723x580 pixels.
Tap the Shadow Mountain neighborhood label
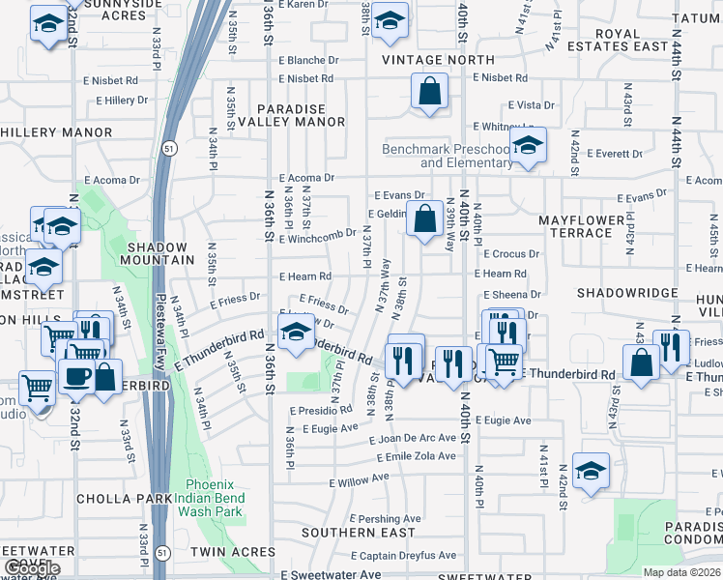pos(160,253)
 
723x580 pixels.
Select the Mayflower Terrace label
pos(583,226)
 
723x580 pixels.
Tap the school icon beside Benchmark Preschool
pos(528,147)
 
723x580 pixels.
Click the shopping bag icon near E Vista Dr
pos(429,93)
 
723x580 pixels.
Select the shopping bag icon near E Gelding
pos(424,218)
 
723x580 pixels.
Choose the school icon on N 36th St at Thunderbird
pos(294,334)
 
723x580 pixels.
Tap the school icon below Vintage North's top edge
pos(389,20)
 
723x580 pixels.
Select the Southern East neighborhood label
pos(358,532)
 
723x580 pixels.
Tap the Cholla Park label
pos(114,499)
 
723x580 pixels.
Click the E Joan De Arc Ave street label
pos(413,438)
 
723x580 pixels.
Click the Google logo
pos(32,569)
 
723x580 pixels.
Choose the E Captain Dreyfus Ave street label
pos(399,555)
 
